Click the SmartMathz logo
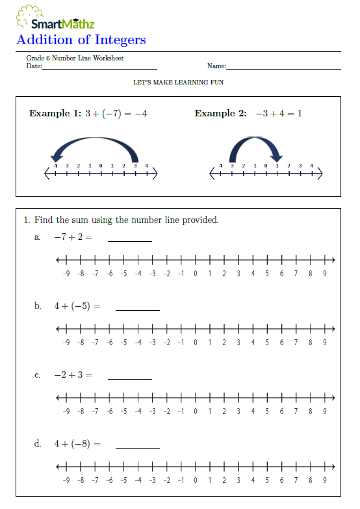56,18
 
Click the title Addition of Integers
81,40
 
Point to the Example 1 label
55,114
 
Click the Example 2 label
220,114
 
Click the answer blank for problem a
130,240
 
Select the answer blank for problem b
137,309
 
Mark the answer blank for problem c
130,378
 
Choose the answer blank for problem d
137,447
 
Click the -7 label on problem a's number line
95,274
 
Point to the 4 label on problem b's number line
253,343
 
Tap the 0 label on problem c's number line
196,411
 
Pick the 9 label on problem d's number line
324,480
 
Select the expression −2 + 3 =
73,375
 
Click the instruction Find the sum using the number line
126,220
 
